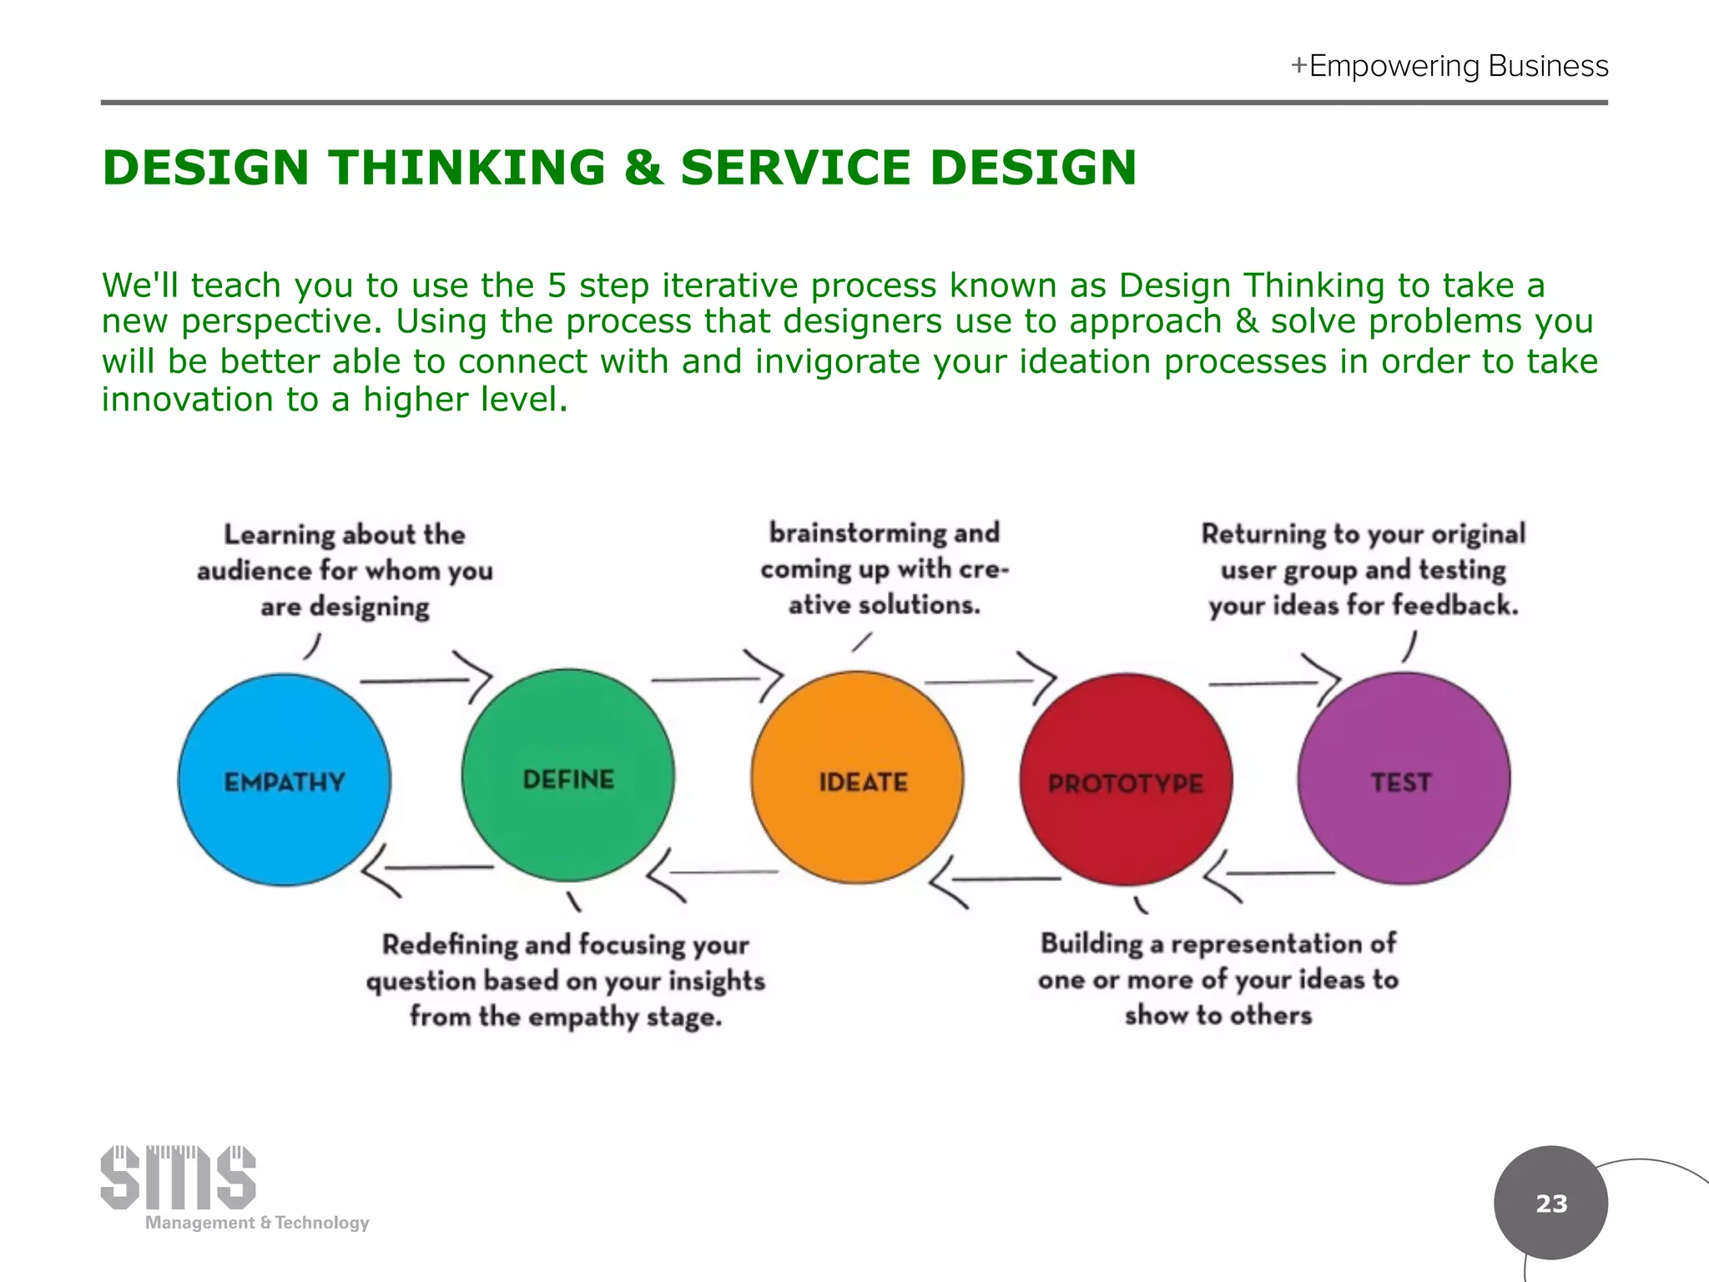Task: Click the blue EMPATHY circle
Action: (x=284, y=780)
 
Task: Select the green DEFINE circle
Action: (x=567, y=776)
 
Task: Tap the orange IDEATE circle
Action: (x=857, y=778)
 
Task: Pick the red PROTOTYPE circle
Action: (x=1126, y=780)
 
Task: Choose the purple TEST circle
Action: (x=1404, y=779)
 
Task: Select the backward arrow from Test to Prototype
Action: (x=1268, y=875)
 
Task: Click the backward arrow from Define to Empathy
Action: (x=426, y=869)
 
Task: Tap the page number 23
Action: (x=1551, y=1204)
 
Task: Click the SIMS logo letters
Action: (x=178, y=1178)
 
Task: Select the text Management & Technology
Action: (x=257, y=1223)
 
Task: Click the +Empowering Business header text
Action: (x=1449, y=66)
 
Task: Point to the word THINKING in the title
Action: (x=467, y=167)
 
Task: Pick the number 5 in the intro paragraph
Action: (x=557, y=285)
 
